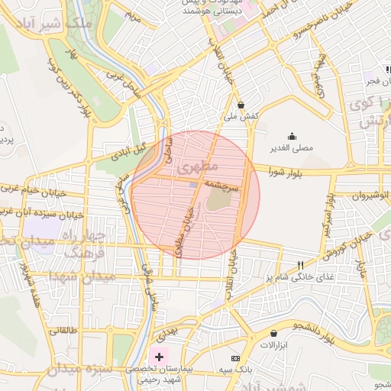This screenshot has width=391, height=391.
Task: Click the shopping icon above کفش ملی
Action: coord(241,105)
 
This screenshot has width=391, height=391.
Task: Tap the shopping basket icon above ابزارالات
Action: coord(273,334)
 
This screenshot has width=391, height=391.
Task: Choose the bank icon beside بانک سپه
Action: coord(235,358)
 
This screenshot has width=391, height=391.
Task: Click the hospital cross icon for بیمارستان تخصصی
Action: coord(158,357)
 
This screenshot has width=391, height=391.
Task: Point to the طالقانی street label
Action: coord(63,331)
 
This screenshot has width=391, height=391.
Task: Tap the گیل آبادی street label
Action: coord(128,152)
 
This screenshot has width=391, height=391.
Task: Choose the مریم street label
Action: coord(134,15)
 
